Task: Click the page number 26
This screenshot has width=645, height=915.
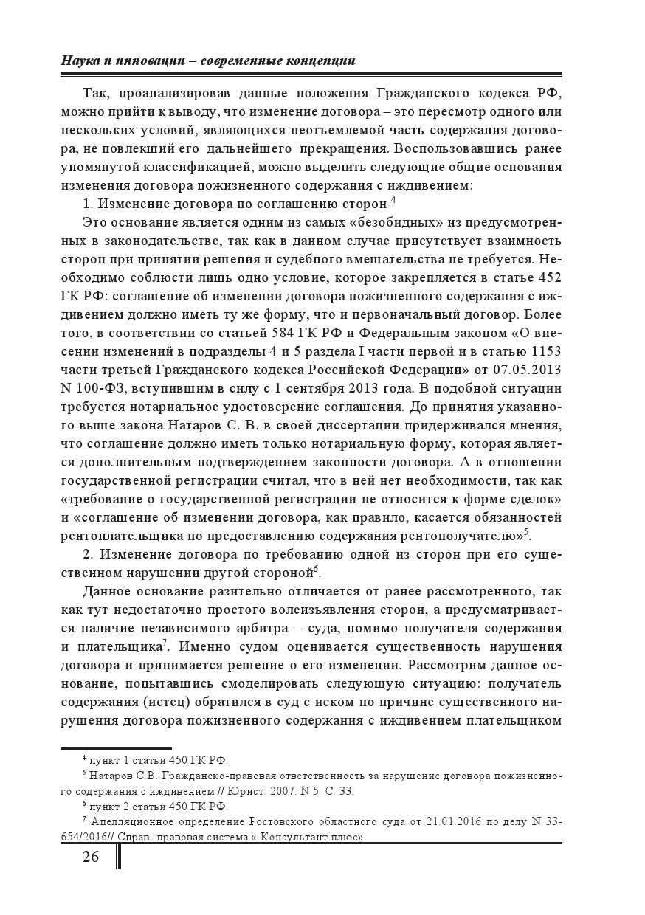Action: [x=91, y=856]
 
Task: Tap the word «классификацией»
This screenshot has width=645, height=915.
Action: [x=191, y=167]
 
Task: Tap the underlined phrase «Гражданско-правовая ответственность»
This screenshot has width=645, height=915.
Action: [x=263, y=776]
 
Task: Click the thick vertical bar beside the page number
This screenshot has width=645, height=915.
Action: [x=118, y=856]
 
